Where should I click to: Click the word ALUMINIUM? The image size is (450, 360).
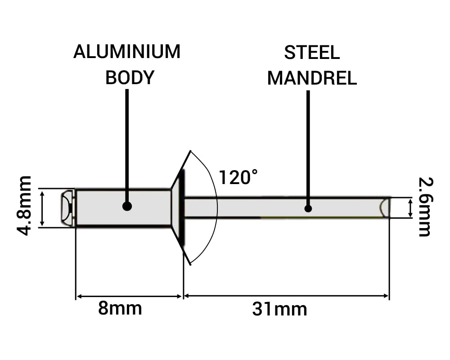coord(127,52)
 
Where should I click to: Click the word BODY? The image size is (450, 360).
coord(130,77)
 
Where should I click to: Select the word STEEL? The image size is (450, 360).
coord(312,53)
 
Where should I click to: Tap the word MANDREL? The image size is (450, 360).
coord(312,78)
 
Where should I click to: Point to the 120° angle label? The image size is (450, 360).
coord(238,177)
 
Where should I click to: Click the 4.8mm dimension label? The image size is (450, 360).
coord(24,206)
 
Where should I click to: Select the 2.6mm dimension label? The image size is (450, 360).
coord(424,207)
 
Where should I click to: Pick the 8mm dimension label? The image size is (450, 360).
coord(120,309)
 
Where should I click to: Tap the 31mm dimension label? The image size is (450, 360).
coord(279,310)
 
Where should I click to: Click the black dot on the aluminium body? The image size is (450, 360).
coord(127,206)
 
